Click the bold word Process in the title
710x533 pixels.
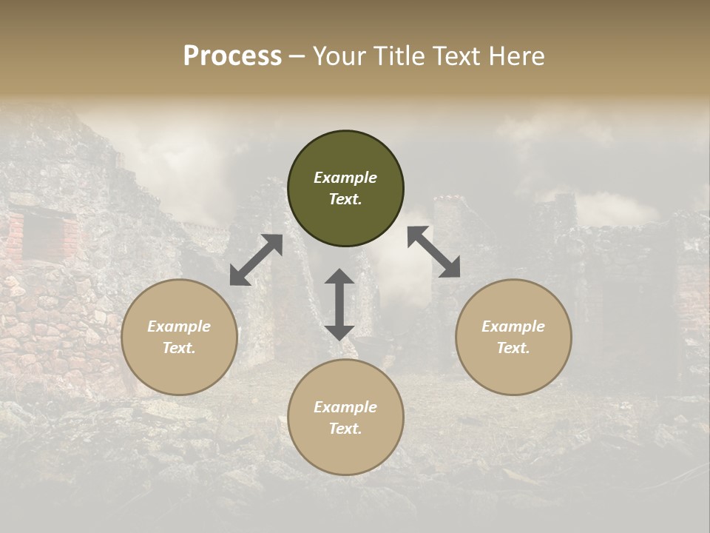click(x=232, y=56)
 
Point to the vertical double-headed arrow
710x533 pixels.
click(x=339, y=304)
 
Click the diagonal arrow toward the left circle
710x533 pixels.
click(x=256, y=260)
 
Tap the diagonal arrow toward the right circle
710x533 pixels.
click(x=433, y=252)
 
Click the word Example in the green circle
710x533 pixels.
click(x=345, y=178)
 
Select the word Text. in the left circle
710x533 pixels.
click(x=179, y=348)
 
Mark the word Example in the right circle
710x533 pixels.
click(x=513, y=326)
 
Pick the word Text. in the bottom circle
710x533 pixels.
click(x=345, y=429)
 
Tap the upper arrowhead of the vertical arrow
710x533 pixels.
click(x=339, y=277)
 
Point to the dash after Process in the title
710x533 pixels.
click(x=297, y=56)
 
